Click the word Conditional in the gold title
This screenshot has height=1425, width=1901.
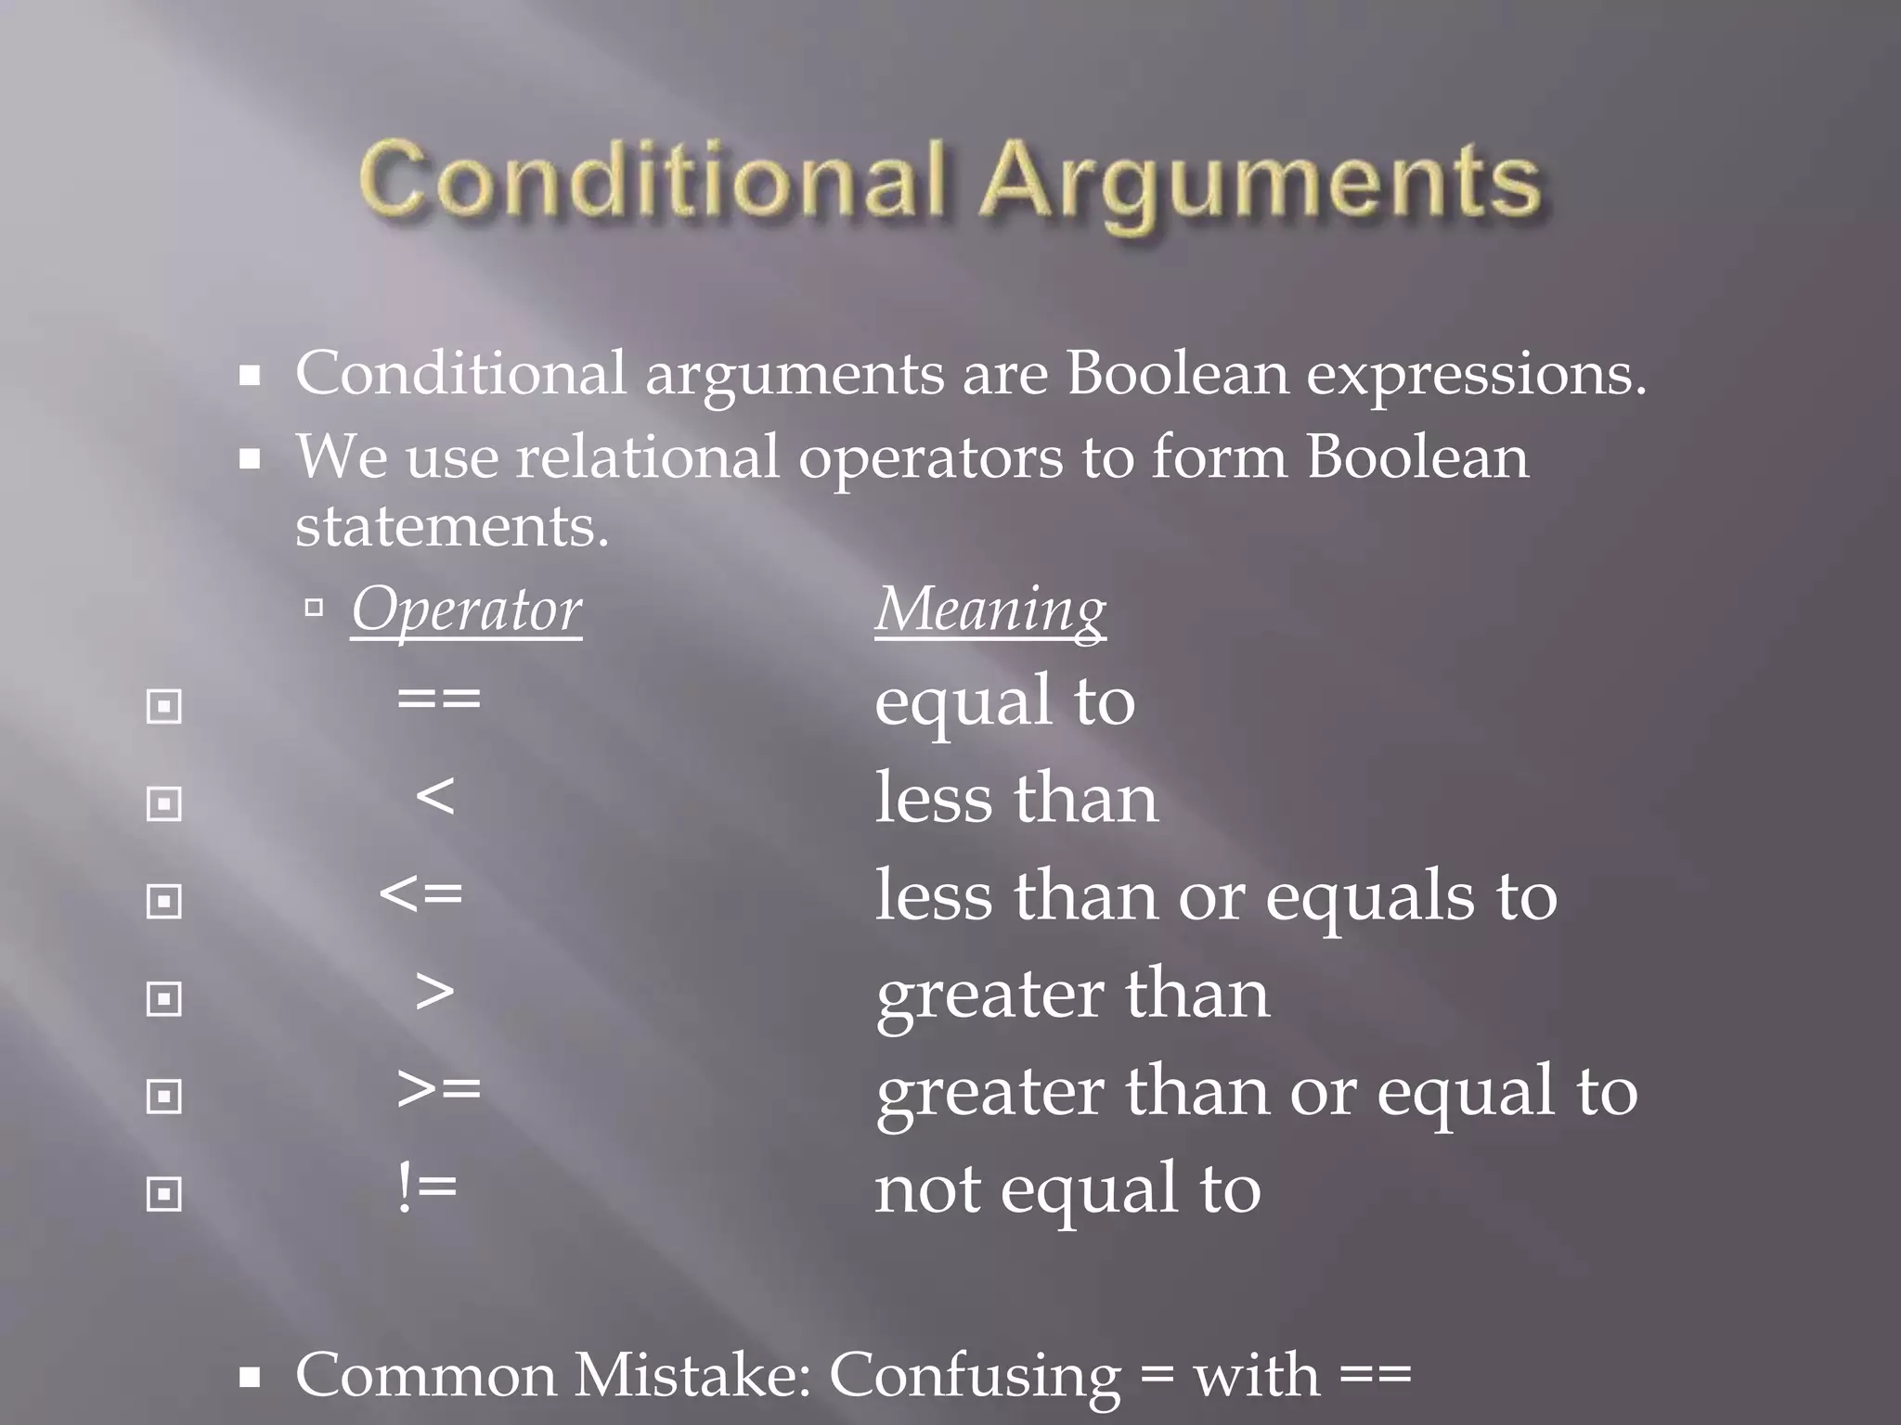[652, 179]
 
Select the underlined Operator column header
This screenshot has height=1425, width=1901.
[466, 610]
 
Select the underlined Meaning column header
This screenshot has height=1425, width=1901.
[990, 610]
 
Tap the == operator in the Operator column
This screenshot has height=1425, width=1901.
[439, 699]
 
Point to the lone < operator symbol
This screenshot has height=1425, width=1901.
[435, 796]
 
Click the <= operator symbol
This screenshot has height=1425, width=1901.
[421, 894]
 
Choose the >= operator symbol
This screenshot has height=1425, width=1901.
[439, 1089]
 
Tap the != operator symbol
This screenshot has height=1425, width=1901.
[427, 1187]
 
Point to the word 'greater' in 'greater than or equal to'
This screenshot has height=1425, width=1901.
[989, 1093]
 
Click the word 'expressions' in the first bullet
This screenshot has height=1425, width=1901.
[1476, 375]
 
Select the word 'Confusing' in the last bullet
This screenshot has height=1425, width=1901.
[975, 1376]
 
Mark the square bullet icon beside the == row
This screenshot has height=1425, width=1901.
[164, 707]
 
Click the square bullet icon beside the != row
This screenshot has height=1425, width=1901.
[164, 1194]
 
